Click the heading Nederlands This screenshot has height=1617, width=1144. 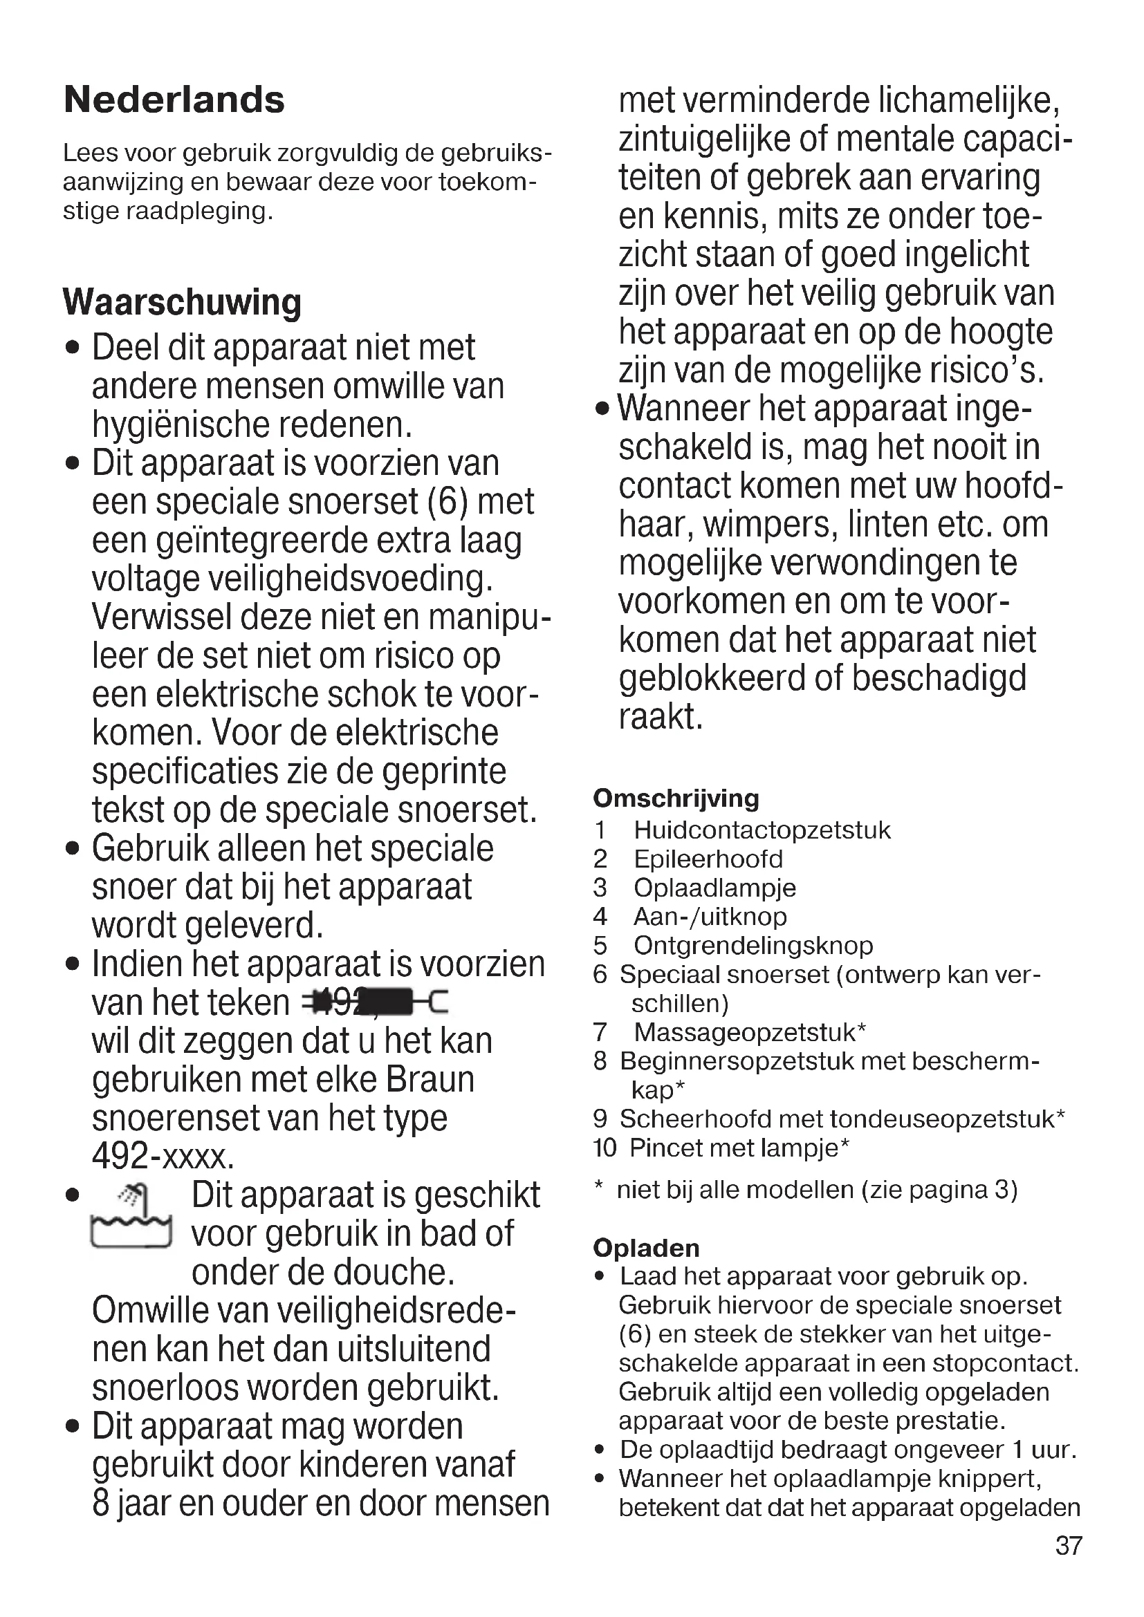point(174,100)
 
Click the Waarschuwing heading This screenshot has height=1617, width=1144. point(182,302)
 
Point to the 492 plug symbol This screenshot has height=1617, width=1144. point(374,1002)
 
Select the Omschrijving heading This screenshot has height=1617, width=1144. point(676,798)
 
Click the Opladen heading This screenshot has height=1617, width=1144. point(646,1248)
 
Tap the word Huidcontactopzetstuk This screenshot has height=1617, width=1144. point(762,830)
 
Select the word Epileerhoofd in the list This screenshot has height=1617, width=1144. point(708,859)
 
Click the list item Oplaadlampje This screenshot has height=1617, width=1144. point(714,888)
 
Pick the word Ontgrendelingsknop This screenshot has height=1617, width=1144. point(753,945)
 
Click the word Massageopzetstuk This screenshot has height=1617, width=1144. point(745,1031)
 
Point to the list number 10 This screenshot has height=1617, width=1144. point(605,1148)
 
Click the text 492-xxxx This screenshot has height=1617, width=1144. point(163,1157)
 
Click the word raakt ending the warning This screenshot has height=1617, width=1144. point(660,716)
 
